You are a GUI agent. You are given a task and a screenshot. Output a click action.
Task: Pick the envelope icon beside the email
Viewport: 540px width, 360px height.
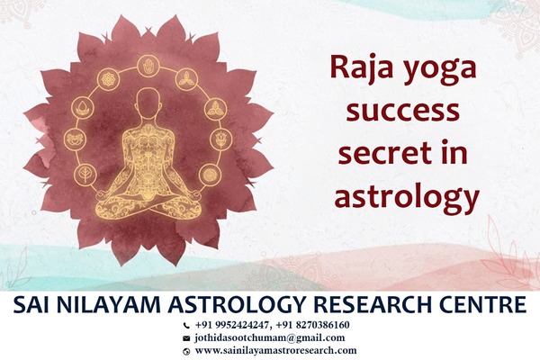pos(186,338)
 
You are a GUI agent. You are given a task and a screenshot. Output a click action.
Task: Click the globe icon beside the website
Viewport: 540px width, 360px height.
pos(186,351)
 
